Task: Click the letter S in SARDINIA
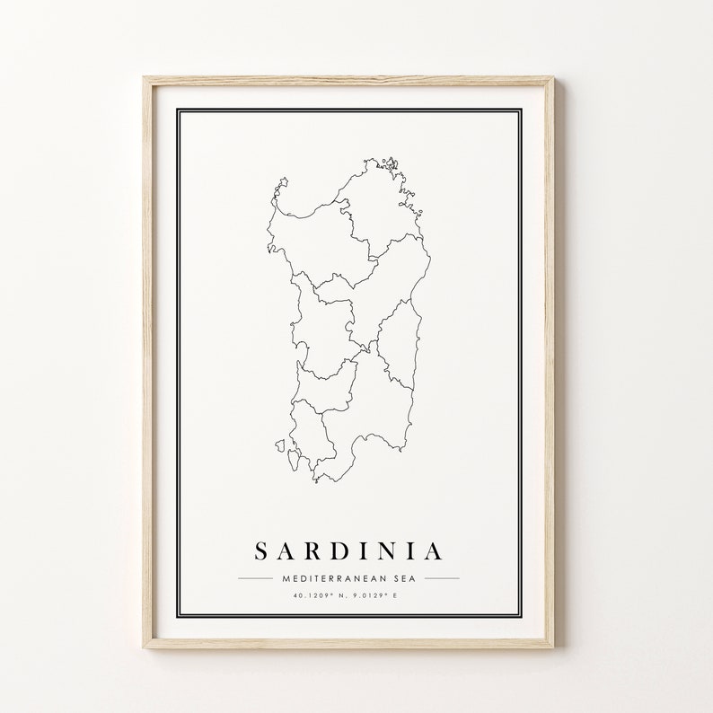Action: [x=260, y=550]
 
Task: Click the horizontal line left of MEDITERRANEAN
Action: [x=255, y=578]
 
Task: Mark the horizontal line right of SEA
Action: [x=442, y=578]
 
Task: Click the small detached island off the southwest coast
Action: [x=282, y=445]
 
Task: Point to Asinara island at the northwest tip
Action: [x=282, y=184]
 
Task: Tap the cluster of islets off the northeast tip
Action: [x=391, y=163]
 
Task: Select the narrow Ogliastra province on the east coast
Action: [x=398, y=346]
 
